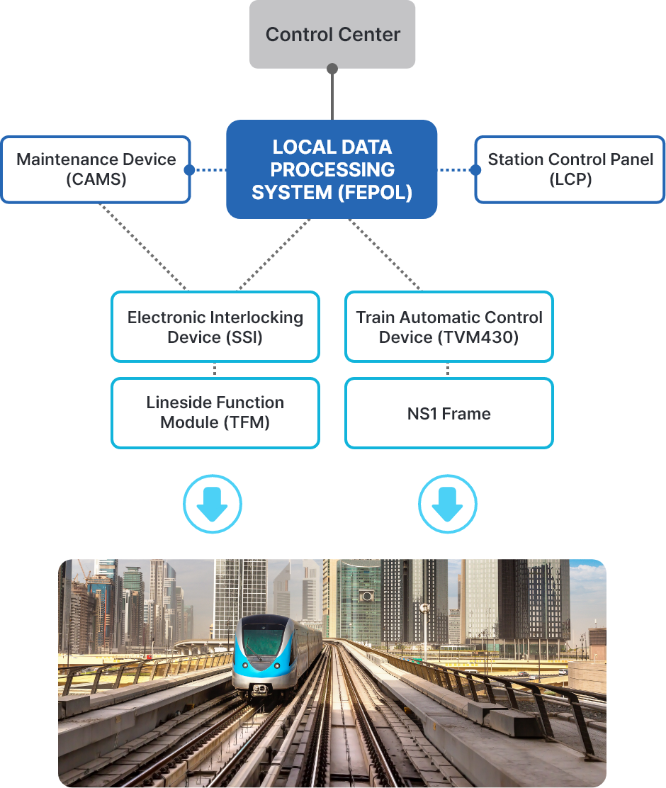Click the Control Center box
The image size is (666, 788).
(x=332, y=34)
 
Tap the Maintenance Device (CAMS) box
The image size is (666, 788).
(x=96, y=169)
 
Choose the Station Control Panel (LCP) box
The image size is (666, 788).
(x=570, y=169)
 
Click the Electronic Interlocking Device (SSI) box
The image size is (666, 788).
(x=215, y=327)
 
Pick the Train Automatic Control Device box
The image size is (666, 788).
(x=448, y=327)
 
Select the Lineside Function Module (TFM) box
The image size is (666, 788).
(x=215, y=412)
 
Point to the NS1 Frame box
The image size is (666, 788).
(x=448, y=413)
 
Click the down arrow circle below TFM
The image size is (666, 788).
(x=213, y=505)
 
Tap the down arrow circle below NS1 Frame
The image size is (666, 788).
(x=448, y=505)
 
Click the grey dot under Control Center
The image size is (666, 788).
(x=332, y=69)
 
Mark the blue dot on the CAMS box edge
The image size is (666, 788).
(x=189, y=170)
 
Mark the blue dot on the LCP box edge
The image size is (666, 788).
(x=475, y=170)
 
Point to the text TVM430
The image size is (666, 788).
(x=479, y=337)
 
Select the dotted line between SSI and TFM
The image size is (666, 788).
(x=215, y=370)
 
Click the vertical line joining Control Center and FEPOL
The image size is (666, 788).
(x=332, y=96)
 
